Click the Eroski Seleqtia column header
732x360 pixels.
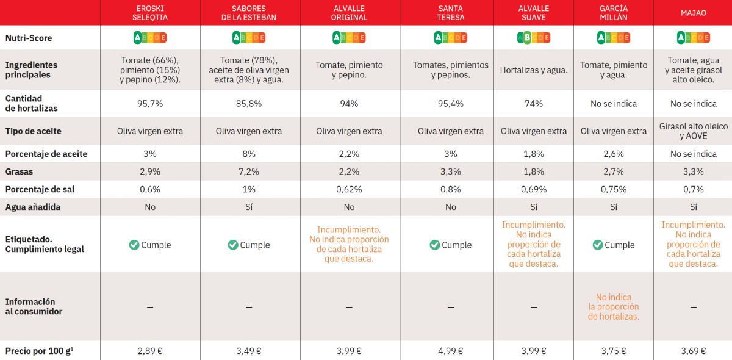(150, 13)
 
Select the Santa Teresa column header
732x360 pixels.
(450, 13)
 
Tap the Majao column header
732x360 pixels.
(693, 13)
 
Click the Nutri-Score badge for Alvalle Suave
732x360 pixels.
(533, 38)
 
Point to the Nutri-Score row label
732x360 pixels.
(29, 38)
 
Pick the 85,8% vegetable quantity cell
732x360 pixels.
(249, 104)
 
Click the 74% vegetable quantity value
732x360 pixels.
(533, 104)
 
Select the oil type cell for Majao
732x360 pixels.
(693, 131)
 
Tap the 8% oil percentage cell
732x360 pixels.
(249, 154)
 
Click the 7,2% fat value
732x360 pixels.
(249, 171)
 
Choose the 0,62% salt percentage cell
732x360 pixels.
(349, 189)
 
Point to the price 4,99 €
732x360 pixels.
(450, 351)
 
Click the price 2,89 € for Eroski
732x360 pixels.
(150, 351)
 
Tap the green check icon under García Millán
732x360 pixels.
(598, 245)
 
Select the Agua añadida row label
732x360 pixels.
(33, 207)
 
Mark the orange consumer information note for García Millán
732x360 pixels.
(613, 307)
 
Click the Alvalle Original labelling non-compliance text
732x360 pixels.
(349, 244)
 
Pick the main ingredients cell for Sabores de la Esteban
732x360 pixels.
(249, 70)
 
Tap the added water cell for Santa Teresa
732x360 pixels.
(450, 207)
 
